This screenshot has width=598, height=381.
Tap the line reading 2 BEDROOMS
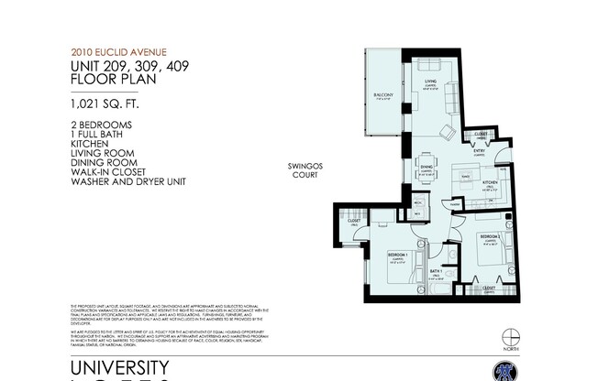click(101, 124)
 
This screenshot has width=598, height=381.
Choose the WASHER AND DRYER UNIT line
click(128, 182)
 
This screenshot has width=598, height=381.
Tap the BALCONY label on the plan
click(382, 94)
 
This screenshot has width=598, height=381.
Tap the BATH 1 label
click(437, 270)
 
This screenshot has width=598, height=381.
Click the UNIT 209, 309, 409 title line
click(125, 66)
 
